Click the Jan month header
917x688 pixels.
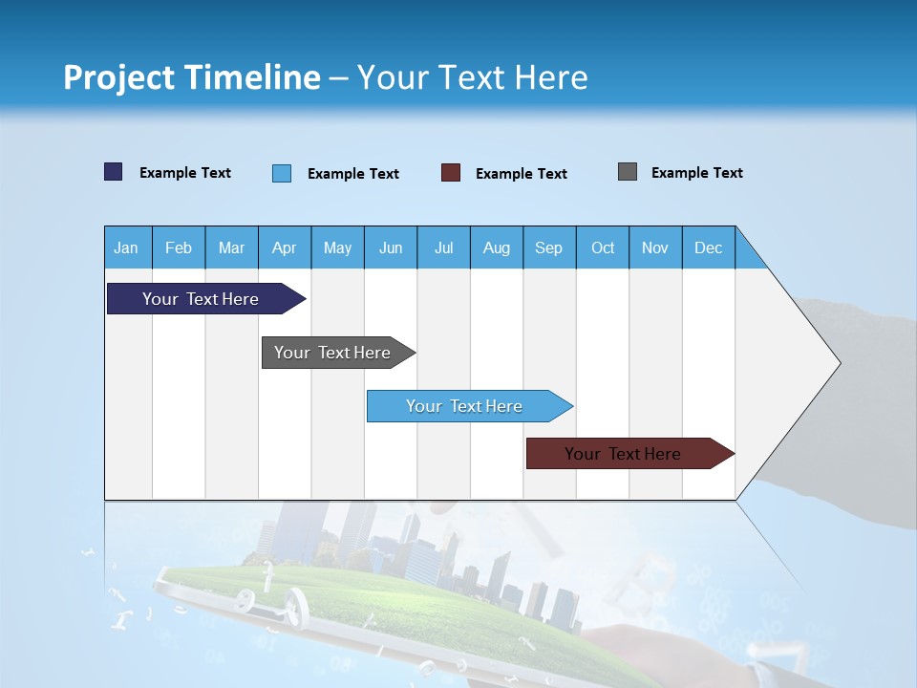(x=126, y=247)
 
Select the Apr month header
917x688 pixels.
(x=284, y=247)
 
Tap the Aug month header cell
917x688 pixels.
(x=496, y=247)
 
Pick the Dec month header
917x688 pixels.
(x=708, y=247)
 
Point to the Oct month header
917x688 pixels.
(x=602, y=247)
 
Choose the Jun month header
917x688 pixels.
(x=390, y=247)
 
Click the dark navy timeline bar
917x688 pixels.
(x=201, y=299)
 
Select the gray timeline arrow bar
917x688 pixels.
(x=332, y=353)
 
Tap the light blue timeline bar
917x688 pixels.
(x=464, y=406)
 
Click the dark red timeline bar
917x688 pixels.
(x=623, y=454)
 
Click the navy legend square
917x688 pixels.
(x=113, y=172)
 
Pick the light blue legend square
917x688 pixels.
(x=281, y=173)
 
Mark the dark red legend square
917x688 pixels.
(x=450, y=173)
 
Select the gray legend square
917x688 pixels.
(x=627, y=172)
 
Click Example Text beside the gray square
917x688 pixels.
(x=696, y=173)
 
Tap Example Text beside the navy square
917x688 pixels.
(x=184, y=173)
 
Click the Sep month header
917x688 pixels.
(x=548, y=247)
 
